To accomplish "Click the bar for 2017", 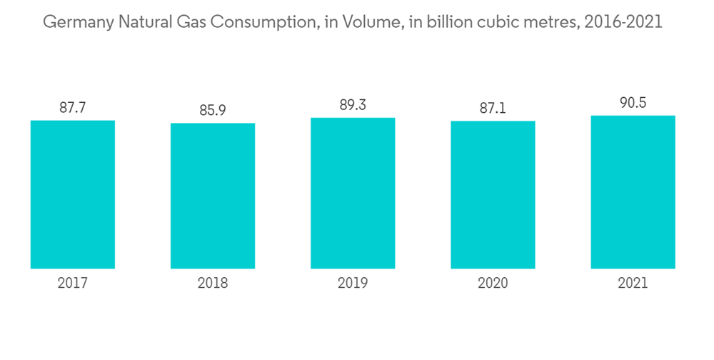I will (73, 194).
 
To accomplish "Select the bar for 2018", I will (213, 196).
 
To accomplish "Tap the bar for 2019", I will (353, 193).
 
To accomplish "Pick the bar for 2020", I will (493, 195).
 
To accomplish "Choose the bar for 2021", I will (633, 192).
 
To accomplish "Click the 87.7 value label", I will (73, 109).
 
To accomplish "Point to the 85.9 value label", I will (213, 111).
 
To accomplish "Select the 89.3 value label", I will (353, 106).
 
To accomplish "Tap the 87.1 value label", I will (493, 109).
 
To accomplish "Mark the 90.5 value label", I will (633, 104).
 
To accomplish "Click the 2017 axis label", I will (73, 284).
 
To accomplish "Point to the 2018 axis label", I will (213, 284).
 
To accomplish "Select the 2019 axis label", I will (353, 284).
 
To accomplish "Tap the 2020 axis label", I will (493, 284).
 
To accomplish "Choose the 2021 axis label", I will (633, 284).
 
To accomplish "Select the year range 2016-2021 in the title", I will (623, 22).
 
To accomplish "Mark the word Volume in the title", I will (369, 22).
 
